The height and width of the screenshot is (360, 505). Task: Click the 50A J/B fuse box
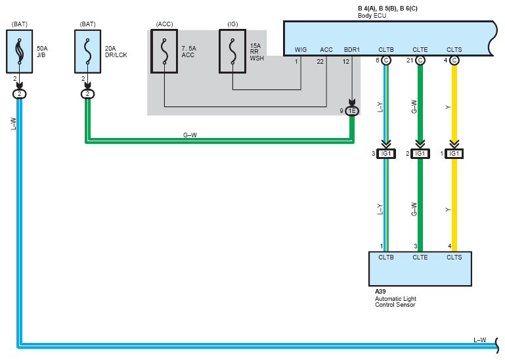click(19, 51)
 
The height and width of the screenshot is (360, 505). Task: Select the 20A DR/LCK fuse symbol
click(87, 51)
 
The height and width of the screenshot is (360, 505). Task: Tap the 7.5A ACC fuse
click(164, 51)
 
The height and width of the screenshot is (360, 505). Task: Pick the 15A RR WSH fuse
click(232, 51)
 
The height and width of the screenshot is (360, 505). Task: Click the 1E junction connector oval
click(352, 111)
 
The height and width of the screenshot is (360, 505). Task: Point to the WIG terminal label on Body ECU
click(301, 50)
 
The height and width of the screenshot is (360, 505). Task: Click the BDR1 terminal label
click(352, 50)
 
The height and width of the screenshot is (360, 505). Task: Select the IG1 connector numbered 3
click(386, 154)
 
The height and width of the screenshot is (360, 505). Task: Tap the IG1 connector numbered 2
click(420, 154)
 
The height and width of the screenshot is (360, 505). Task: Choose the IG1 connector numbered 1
click(454, 154)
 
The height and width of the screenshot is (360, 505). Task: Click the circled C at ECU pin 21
click(420, 60)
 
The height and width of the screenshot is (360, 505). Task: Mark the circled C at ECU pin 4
click(454, 60)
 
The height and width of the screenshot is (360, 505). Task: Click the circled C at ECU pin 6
click(386, 60)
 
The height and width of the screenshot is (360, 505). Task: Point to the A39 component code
click(380, 292)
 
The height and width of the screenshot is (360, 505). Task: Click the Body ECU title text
click(372, 16)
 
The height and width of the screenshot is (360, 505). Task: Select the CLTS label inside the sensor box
click(454, 257)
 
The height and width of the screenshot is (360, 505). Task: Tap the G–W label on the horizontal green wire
click(190, 135)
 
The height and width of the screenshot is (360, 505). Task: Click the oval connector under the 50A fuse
click(19, 94)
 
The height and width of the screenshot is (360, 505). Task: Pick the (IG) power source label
click(232, 24)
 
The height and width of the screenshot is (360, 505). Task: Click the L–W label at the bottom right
click(480, 340)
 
